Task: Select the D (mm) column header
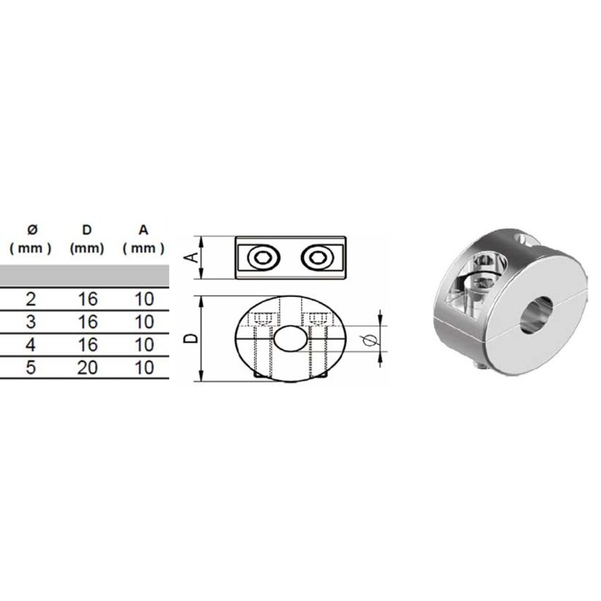point(88,240)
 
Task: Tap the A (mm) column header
point(144,240)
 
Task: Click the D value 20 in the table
point(88,368)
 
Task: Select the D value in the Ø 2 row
point(88,299)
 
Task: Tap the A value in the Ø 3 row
point(144,322)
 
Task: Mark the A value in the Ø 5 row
point(144,368)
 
